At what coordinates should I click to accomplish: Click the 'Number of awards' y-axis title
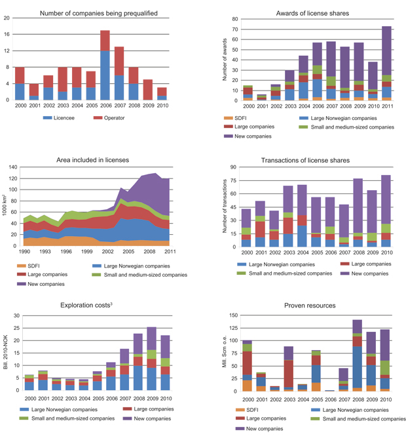tap(225, 60)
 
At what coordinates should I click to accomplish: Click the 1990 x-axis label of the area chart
tap(24, 252)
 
